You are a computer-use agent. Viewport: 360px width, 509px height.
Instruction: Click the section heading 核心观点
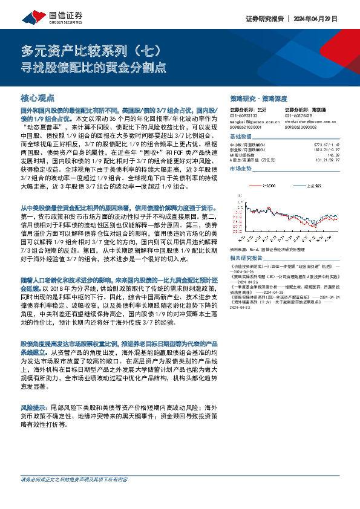(x=38, y=97)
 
